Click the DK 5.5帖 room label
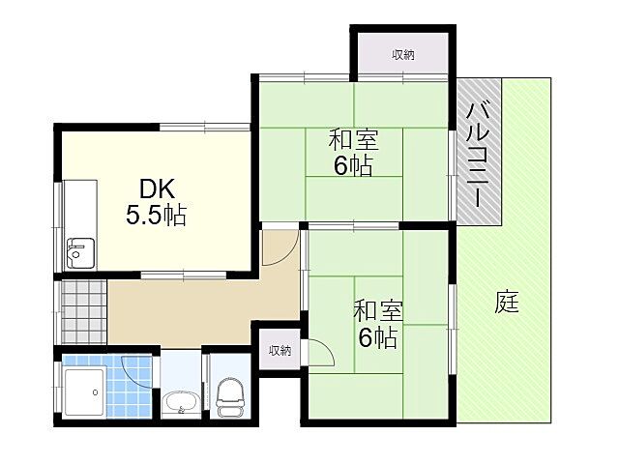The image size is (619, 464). [156, 201]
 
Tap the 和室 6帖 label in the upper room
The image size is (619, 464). [354, 153]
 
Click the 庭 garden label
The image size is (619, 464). [507, 303]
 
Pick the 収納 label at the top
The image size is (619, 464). [402, 55]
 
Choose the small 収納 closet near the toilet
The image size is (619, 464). [280, 350]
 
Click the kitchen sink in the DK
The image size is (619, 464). [77, 252]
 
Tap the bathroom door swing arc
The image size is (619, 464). [138, 370]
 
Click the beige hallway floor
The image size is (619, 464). [193, 309]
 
